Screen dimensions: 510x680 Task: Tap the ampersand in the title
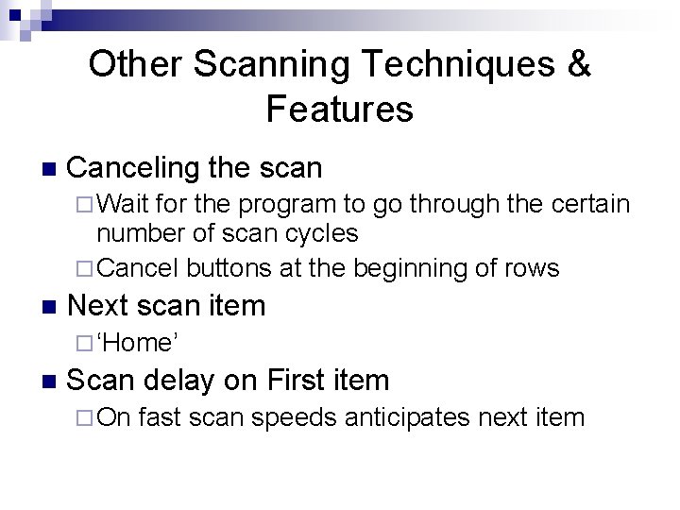click(x=578, y=65)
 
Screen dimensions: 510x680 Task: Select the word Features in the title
click(x=340, y=110)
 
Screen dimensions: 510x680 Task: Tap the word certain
click(x=584, y=204)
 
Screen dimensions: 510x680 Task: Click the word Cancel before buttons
click(x=139, y=268)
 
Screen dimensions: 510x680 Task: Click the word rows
click(x=534, y=268)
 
